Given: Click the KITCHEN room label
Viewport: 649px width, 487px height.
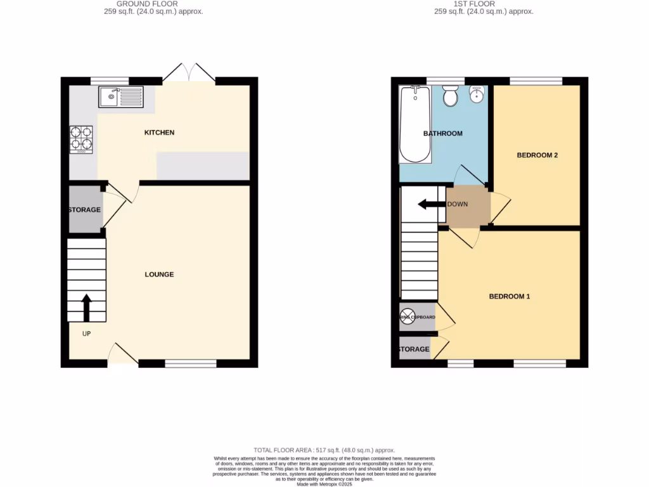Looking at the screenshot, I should [159, 133].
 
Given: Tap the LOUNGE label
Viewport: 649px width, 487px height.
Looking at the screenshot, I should [159, 275].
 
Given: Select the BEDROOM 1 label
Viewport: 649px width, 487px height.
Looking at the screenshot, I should [509, 296].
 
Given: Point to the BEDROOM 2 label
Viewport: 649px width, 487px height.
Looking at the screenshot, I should [537, 155].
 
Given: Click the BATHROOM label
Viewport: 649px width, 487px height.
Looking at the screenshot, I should [442, 134].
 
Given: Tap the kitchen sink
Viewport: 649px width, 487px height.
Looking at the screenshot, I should [121, 97].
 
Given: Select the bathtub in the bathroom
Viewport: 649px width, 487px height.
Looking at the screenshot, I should [416, 124].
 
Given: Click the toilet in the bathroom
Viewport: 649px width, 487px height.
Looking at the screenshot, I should [451, 96].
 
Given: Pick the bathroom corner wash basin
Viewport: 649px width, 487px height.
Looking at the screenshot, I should [477, 94].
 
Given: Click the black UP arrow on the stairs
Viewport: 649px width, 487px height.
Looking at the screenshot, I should [86, 308].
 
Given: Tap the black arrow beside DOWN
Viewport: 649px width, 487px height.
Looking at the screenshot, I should [432, 204].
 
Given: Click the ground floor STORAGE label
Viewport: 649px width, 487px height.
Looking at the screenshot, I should [85, 210].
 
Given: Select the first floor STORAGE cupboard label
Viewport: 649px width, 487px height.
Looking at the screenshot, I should [414, 349].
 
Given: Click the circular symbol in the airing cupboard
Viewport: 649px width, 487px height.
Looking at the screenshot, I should [405, 317].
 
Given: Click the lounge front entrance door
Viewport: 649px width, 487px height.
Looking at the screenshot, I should [123, 354].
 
